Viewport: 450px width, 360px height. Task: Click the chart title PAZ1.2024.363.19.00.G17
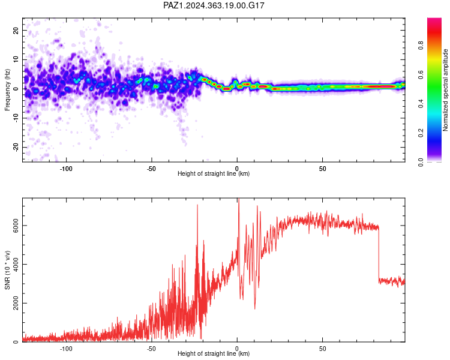(214, 5)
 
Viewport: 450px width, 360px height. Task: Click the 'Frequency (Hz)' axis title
(7, 90)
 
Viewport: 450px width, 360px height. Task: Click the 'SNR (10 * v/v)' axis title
(7, 270)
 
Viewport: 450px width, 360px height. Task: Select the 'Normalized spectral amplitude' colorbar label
(445, 90)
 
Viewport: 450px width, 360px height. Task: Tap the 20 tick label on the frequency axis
(16, 30)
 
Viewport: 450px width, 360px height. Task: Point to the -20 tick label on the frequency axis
(16, 147)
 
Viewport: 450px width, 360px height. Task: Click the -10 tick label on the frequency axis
(16, 118)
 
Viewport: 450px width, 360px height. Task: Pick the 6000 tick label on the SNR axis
(16, 226)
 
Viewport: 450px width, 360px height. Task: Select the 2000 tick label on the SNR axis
(16, 303)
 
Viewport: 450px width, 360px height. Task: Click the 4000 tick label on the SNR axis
(16, 265)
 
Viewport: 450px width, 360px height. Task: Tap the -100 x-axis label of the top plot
(66, 169)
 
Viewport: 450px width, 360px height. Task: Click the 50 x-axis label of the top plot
(323, 169)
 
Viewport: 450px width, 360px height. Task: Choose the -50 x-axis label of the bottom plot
(152, 349)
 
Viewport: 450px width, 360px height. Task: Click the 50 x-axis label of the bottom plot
(323, 349)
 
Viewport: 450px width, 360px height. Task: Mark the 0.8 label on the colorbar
(421, 45)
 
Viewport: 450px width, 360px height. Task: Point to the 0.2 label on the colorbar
(421, 133)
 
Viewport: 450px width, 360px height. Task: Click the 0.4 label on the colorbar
(421, 103)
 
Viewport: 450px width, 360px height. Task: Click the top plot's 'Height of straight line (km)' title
(214, 173)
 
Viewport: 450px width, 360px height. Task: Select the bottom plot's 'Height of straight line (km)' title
(214, 353)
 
